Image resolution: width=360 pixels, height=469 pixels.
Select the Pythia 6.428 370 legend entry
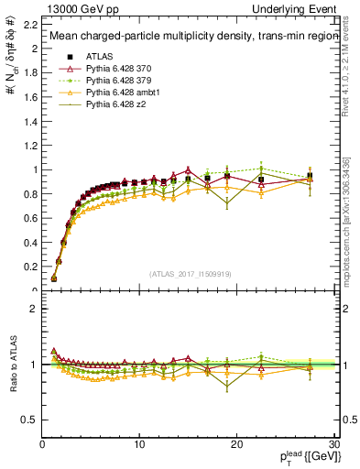pyautogui.click(x=114, y=69)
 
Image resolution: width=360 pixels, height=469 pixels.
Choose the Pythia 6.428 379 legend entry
pyautogui.click(x=114, y=81)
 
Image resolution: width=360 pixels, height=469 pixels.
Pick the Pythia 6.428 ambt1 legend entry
pyautogui.click(x=116, y=93)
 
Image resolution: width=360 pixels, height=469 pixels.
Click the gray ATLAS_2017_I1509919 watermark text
pyautogui.click(x=189, y=273)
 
